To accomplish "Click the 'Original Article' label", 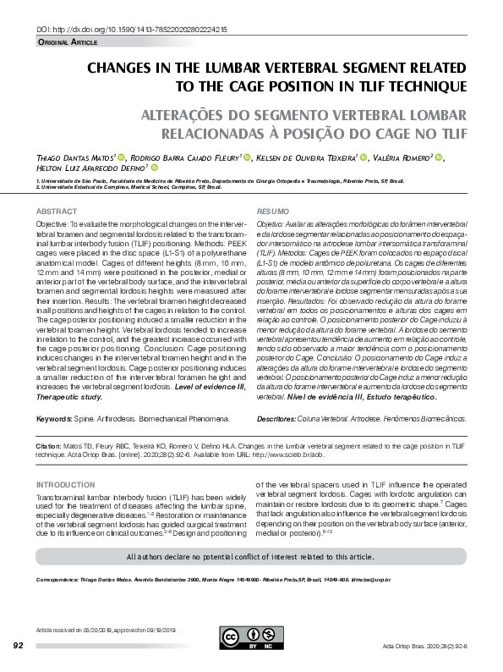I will coord(68,41).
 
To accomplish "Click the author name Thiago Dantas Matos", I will coord(76,157).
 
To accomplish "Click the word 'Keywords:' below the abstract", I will coord(53,420).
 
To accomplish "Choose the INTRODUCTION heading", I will coord(65,485).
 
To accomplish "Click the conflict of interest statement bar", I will coord(251,557).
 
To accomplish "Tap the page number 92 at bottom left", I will coord(19,646).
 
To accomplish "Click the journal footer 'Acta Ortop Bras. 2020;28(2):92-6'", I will coord(424,646).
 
